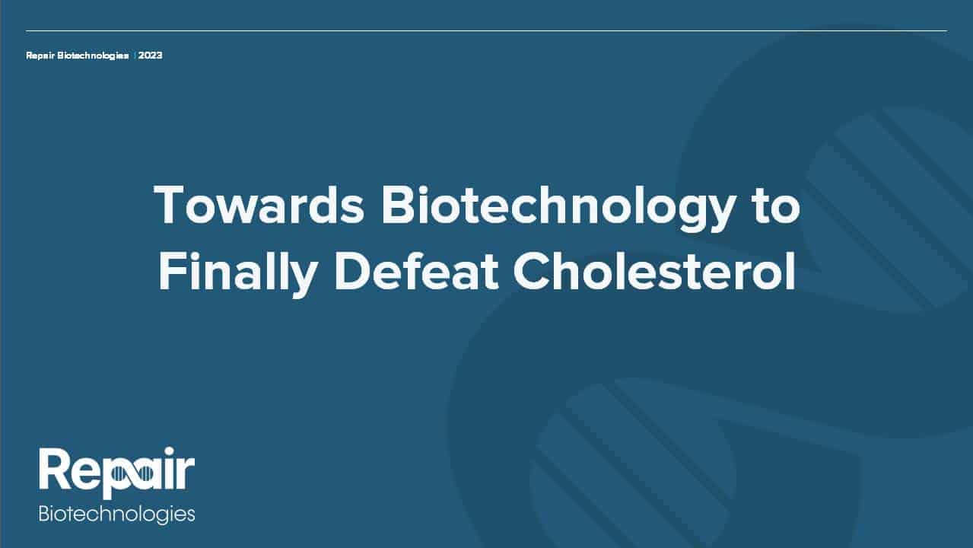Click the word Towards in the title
tap(259, 204)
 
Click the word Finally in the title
tap(238, 273)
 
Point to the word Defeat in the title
tap(415, 271)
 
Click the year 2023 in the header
tap(151, 56)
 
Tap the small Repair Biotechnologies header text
tap(78, 56)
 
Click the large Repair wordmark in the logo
tap(116, 473)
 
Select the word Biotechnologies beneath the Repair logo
tap(116, 514)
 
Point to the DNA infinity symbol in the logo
tap(130, 473)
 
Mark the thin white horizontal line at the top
tap(487, 31)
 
